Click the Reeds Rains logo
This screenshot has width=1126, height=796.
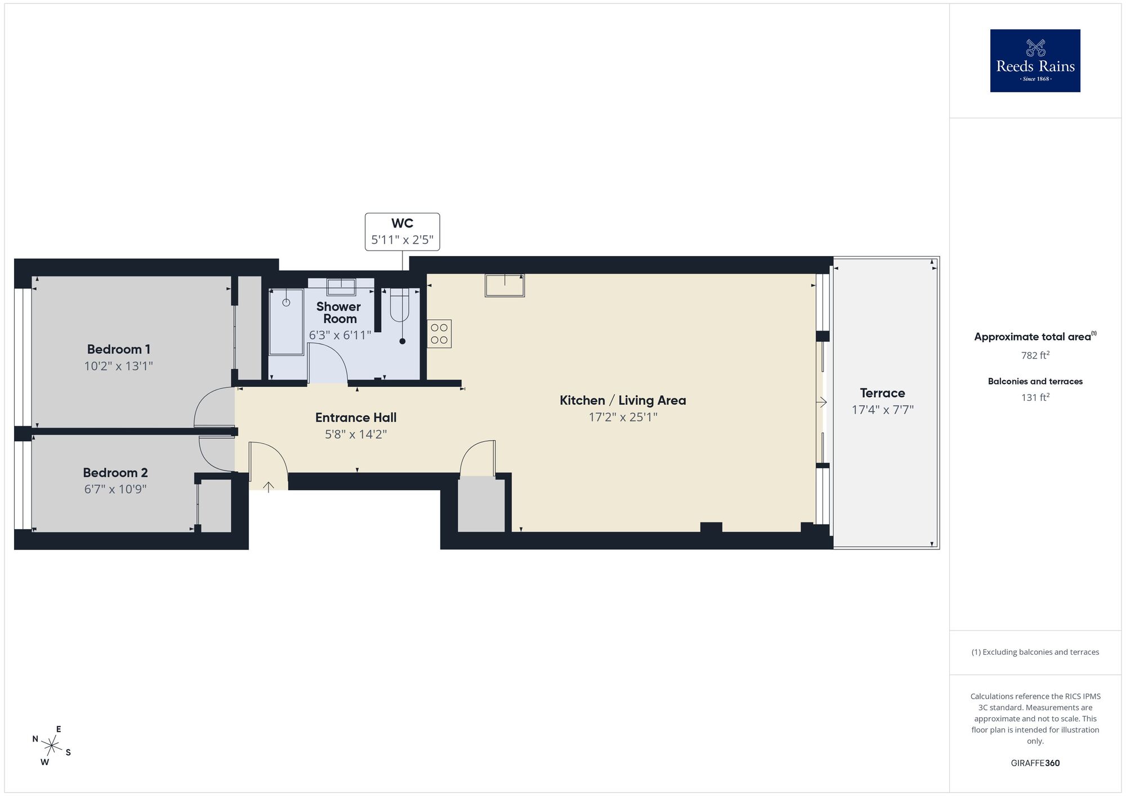tap(1035, 61)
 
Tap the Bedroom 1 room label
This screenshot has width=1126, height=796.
tap(118, 349)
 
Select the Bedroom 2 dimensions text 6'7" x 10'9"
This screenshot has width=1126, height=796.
tap(115, 489)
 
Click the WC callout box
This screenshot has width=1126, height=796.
tap(402, 231)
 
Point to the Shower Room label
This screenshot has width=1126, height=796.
tap(339, 312)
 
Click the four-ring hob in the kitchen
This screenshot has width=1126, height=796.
tap(439, 333)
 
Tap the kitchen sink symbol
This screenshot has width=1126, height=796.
tap(504, 285)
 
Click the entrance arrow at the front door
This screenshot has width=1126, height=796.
tap(269, 486)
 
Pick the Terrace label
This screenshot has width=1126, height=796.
tap(882, 393)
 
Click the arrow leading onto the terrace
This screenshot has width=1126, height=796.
tap(821, 402)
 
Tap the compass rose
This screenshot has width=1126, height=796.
tap(52, 746)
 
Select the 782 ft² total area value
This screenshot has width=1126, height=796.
tap(1035, 355)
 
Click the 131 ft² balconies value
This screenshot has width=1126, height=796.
tap(1035, 397)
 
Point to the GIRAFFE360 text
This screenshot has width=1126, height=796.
tap(1035, 763)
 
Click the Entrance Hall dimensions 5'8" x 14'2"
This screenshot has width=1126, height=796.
tap(356, 435)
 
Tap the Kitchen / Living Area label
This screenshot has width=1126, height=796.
tap(623, 400)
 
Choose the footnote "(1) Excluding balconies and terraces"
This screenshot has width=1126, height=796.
tap(1035, 652)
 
